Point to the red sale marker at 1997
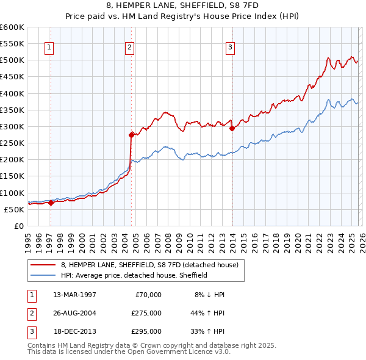coord(51,203)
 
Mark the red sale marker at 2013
coord(232,128)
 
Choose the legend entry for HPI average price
coord(134,275)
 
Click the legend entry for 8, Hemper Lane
coord(152,265)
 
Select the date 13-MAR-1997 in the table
coord(74,294)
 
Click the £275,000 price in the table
coord(146,312)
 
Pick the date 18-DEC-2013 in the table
coord(74,331)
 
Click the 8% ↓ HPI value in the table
coord(210,294)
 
